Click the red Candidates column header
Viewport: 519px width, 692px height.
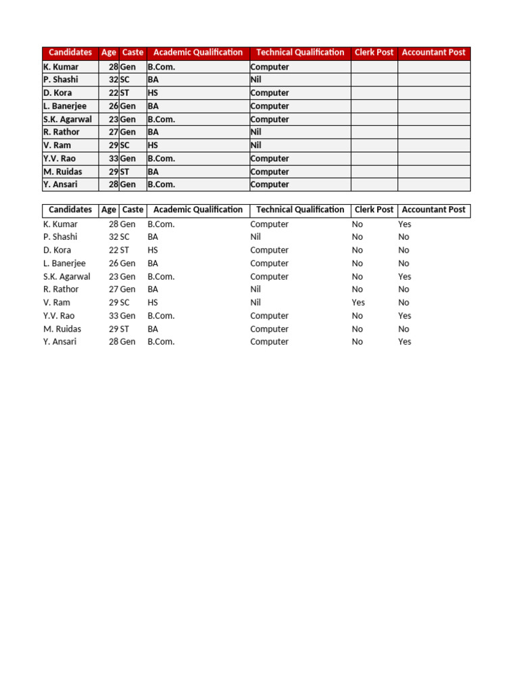click(x=70, y=53)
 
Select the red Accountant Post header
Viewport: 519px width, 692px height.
click(x=433, y=53)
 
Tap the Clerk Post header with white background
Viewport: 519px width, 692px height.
click(x=374, y=210)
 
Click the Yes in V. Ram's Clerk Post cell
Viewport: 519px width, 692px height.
click(x=358, y=303)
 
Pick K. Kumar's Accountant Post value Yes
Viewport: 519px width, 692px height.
click(x=405, y=224)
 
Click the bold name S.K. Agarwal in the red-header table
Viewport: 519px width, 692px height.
click(x=68, y=119)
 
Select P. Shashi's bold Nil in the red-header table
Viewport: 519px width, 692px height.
click(x=255, y=80)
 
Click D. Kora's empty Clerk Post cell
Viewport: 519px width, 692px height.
click(x=374, y=93)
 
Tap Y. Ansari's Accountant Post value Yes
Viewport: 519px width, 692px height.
click(x=405, y=342)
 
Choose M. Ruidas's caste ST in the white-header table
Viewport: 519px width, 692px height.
click(x=125, y=329)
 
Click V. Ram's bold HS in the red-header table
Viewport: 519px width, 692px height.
click(x=153, y=145)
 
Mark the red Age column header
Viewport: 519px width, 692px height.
click(x=108, y=53)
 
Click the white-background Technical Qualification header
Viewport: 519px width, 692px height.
click(x=300, y=210)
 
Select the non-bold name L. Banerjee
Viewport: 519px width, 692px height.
click(x=64, y=264)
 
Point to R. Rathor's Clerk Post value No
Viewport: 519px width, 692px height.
click(x=357, y=289)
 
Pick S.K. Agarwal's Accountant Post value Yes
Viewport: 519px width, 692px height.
click(x=405, y=276)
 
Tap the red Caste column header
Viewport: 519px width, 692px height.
click(x=132, y=53)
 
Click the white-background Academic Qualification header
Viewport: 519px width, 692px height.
click(x=198, y=210)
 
